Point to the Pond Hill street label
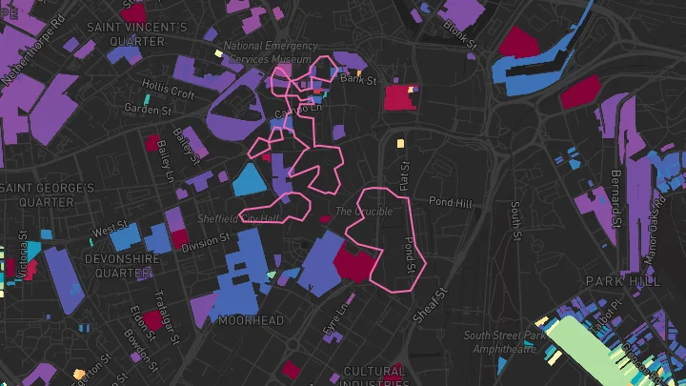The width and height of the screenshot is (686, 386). tap(450, 202)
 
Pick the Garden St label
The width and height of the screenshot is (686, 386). tap(148, 109)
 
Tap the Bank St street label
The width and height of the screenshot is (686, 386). tap(359, 80)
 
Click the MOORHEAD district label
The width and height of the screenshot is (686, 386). tap(251, 320)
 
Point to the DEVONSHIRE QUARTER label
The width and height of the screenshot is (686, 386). tap(118, 265)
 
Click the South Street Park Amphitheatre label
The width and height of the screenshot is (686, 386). tap(505, 342)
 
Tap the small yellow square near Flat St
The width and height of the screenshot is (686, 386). tap(400, 144)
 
